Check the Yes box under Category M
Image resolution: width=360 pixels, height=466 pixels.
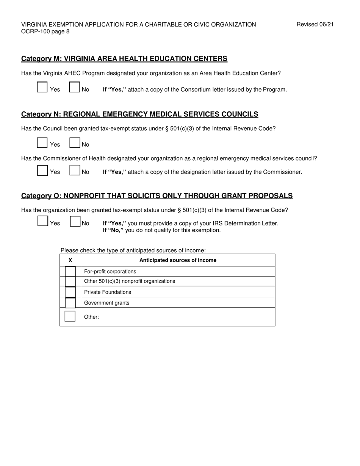(x=42, y=87)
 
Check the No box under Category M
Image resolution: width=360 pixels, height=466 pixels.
(x=75, y=87)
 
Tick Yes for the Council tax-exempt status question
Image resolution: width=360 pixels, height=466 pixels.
(x=42, y=142)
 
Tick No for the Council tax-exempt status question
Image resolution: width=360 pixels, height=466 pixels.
(x=75, y=142)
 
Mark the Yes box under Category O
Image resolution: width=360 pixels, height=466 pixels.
(x=43, y=221)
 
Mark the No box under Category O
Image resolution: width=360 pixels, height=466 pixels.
(x=75, y=221)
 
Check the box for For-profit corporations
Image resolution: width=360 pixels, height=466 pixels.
(x=70, y=271)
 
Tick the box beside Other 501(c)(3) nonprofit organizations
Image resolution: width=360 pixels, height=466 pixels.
(x=70, y=281)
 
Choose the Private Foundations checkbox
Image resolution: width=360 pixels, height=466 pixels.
(x=70, y=292)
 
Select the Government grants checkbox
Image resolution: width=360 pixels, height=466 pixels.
(x=70, y=303)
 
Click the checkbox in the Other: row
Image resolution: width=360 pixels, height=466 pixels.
(x=70, y=316)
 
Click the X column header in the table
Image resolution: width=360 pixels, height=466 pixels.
(x=70, y=260)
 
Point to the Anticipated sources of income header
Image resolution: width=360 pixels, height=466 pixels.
(x=178, y=260)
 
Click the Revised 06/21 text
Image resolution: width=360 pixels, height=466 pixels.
(x=315, y=25)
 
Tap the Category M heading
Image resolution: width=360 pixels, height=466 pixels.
(x=124, y=59)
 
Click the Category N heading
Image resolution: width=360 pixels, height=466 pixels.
(x=139, y=114)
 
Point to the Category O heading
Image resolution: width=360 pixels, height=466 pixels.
(x=157, y=196)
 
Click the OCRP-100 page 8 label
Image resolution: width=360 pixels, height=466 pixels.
(x=45, y=31)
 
